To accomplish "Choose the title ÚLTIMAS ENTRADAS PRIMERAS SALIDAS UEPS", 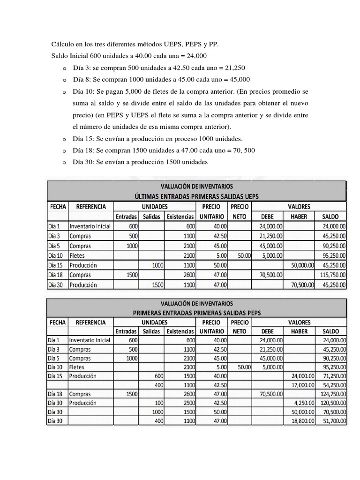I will point(196,196).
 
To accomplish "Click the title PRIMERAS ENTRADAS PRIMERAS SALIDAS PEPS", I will point(196,313).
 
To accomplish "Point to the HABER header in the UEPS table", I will point(299,217).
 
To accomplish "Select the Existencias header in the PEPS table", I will point(180,331).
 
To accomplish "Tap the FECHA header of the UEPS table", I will point(57,206).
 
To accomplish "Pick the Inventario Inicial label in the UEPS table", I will point(90,226).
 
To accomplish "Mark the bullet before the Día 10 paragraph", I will point(64,91).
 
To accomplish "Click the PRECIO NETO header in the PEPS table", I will point(240,327).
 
